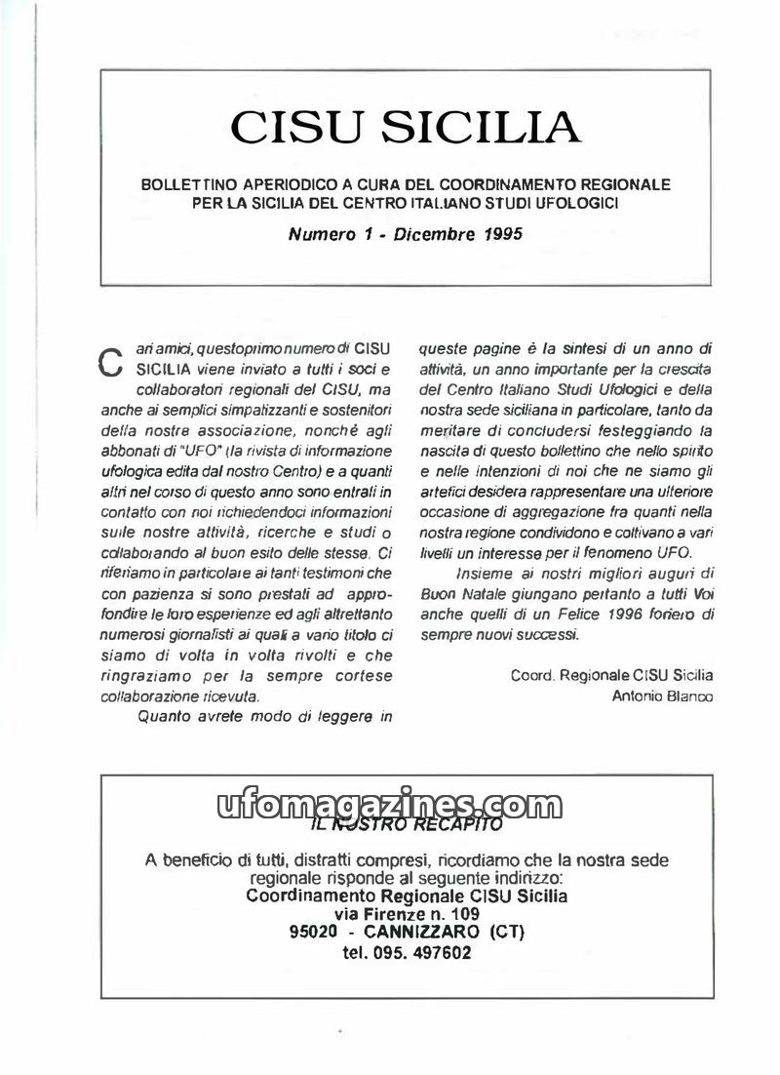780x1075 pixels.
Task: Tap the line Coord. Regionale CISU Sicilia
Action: [x=612, y=675]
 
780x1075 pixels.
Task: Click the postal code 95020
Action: [x=313, y=933]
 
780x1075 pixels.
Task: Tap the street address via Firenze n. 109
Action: [x=407, y=914]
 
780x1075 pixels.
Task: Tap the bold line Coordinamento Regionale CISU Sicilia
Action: [x=408, y=896]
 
